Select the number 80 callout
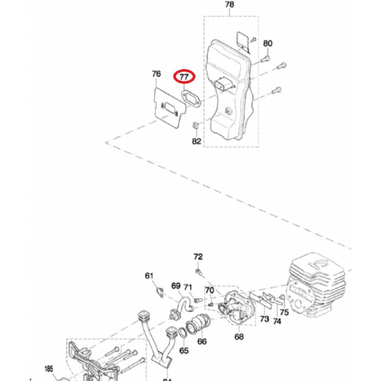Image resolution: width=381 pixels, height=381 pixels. (x=268, y=44)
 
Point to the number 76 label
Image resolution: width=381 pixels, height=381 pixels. (x=156, y=74)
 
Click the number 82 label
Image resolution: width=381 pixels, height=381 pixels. (x=196, y=141)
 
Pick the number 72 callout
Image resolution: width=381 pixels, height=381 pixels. (x=198, y=256)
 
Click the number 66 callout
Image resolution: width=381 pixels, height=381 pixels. (x=202, y=342)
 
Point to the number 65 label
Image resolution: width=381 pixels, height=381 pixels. (x=184, y=350)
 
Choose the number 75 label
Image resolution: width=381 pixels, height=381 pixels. (x=284, y=312)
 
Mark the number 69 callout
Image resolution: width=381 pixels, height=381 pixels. (x=176, y=286)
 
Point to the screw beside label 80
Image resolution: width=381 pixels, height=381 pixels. (x=266, y=56)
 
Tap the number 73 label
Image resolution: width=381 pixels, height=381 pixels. (x=264, y=318)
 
